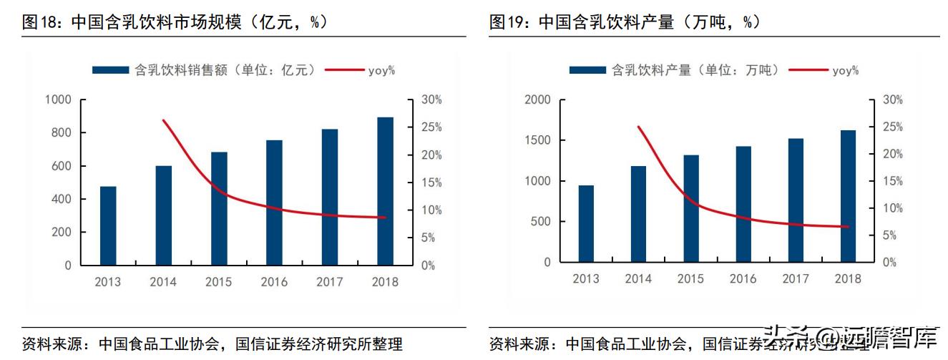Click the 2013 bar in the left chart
coord(108,225)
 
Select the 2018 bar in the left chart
coord(385,191)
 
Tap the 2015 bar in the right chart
coord(690,208)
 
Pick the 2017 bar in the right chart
coord(796,200)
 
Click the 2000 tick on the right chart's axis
coord(537,99)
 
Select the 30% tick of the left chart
coord(431,99)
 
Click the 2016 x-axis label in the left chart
coord(274,282)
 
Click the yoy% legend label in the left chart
coord(381,70)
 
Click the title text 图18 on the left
coord(41,22)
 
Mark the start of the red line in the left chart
coord(163,120)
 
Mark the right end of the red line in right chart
coord(848,227)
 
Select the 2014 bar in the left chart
coord(164,215)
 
